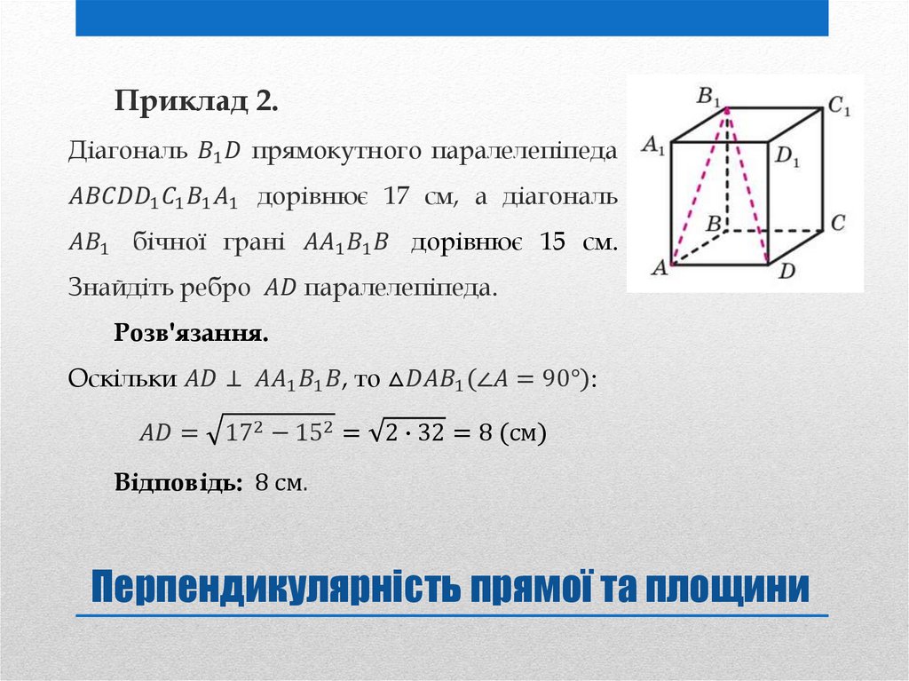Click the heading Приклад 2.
coord(195,102)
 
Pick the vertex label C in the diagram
coord(837,222)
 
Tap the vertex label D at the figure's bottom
coord(786,272)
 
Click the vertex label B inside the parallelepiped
coord(712,224)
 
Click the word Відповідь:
coord(178,483)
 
